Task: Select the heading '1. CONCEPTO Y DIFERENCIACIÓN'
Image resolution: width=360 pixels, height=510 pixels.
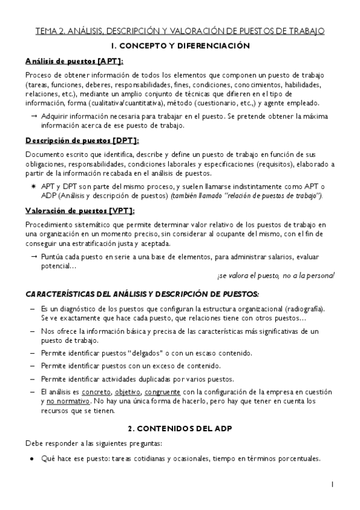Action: (x=180, y=46)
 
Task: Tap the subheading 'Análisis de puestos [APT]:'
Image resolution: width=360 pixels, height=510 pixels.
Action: (x=75, y=61)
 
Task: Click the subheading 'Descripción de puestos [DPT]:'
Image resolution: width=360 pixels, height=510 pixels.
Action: (x=82, y=140)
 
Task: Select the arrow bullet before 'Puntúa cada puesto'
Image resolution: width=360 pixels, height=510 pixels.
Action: (x=34, y=257)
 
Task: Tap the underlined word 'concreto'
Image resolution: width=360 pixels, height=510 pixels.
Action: (x=97, y=392)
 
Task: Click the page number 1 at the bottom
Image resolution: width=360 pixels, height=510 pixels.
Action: (x=332, y=484)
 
